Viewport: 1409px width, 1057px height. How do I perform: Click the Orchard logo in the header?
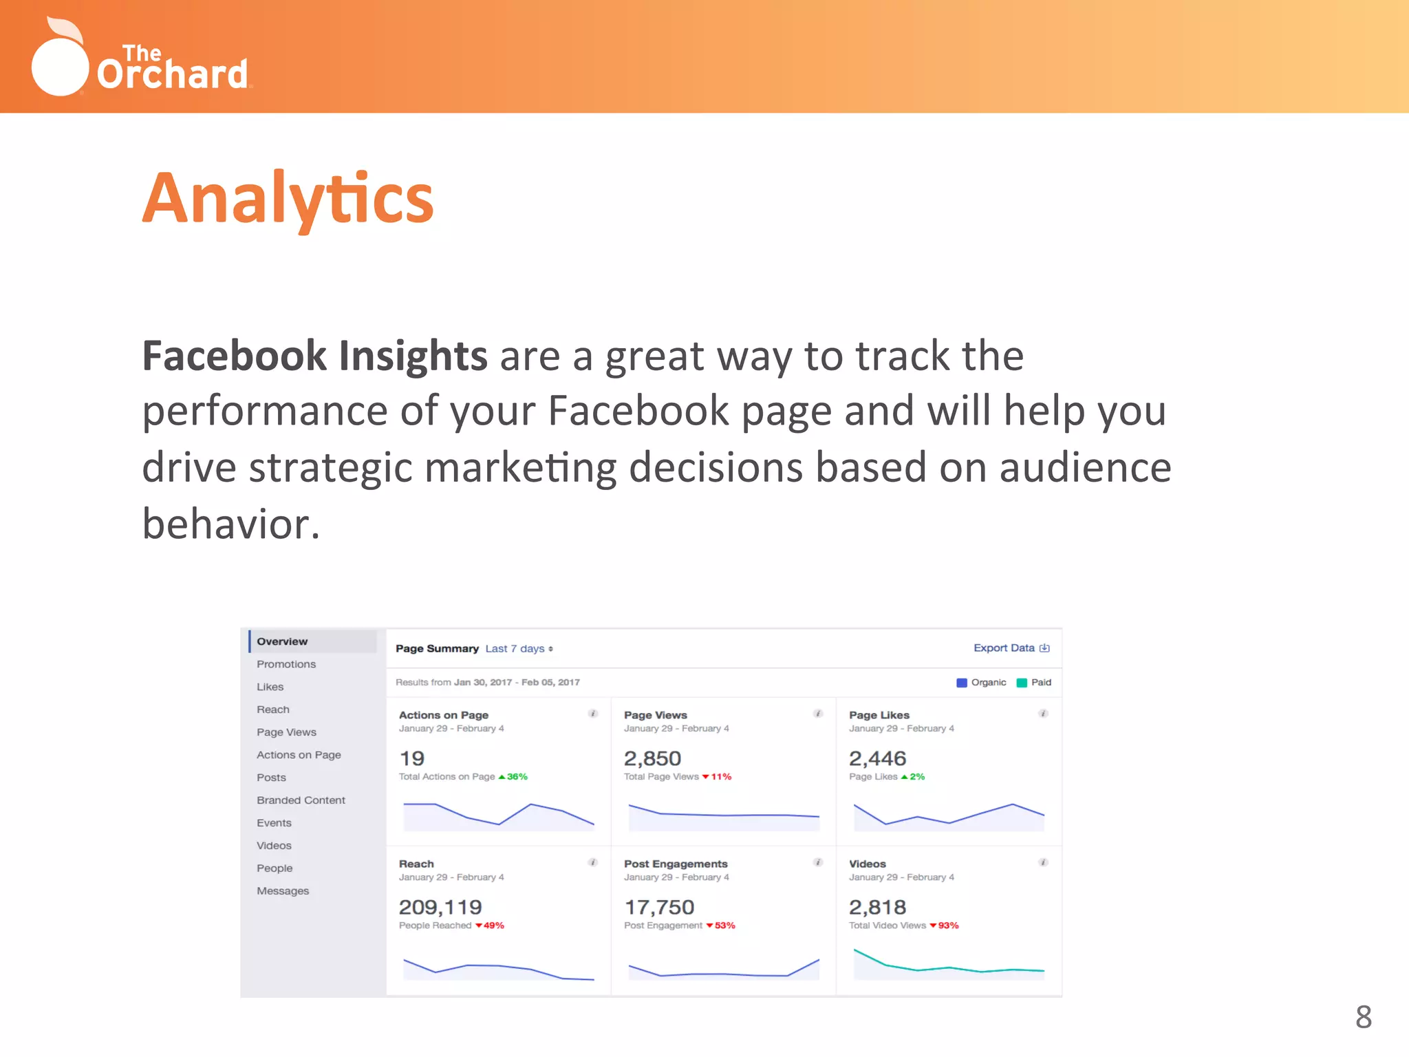click(141, 58)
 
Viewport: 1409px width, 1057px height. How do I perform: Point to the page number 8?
click(1363, 1016)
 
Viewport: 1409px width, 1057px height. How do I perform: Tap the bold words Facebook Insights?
click(314, 356)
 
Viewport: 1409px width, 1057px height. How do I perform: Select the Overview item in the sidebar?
click(282, 641)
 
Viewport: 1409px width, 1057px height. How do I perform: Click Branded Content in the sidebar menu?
click(301, 800)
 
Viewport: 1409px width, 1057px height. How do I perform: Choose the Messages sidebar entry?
click(283, 891)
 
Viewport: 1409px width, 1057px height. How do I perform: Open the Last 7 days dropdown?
click(519, 649)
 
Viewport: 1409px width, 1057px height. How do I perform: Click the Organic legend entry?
click(982, 683)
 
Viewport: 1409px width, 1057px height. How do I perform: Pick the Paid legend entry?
click(1035, 683)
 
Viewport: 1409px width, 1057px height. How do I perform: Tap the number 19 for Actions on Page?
click(412, 758)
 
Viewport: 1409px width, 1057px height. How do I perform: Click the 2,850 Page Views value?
click(652, 758)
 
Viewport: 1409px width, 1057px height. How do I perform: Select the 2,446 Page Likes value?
click(877, 758)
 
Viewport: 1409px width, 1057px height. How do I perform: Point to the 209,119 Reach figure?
click(440, 907)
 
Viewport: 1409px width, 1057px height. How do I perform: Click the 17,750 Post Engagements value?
click(659, 907)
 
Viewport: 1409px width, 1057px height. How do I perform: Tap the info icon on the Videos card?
click(1043, 863)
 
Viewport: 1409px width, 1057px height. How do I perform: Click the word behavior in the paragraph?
click(230, 524)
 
